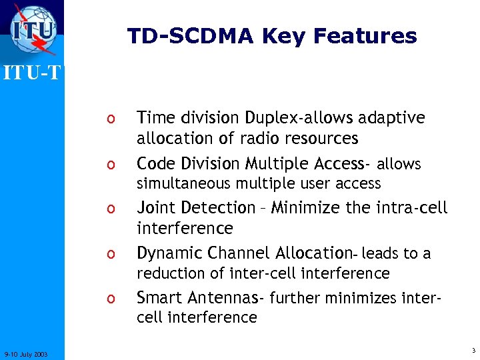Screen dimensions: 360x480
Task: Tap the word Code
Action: pos(155,163)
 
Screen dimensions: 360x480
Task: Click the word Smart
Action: pos(157,297)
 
